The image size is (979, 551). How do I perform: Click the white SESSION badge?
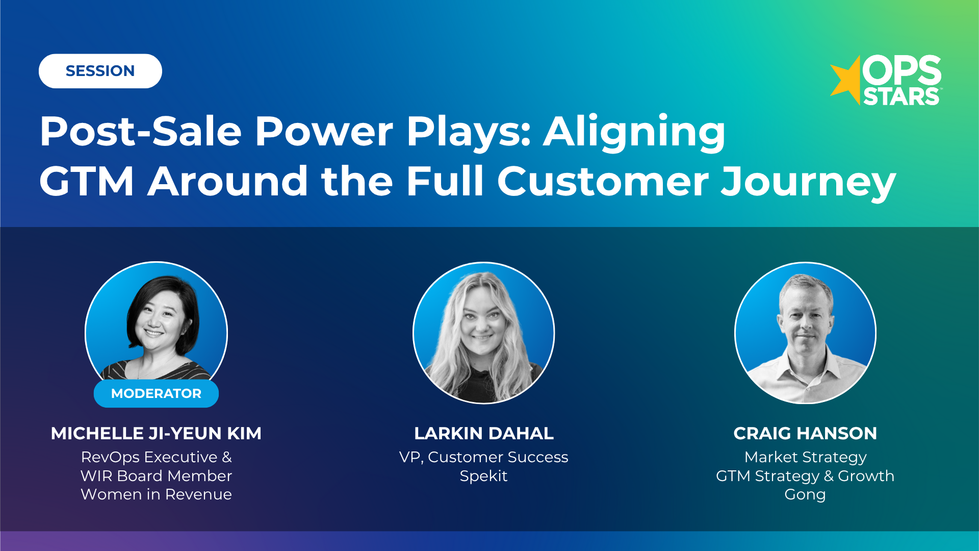[100, 71]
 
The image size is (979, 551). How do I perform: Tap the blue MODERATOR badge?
[156, 393]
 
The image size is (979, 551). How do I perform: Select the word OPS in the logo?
[901, 70]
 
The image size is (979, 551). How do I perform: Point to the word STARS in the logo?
[901, 97]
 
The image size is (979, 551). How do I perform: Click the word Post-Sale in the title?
[140, 131]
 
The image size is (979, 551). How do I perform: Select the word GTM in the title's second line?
[87, 181]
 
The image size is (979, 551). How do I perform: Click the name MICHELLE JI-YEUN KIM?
[156, 433]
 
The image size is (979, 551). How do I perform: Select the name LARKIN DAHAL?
[483, 433]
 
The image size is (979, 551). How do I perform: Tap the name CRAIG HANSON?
[805, 433]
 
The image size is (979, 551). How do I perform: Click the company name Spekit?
[483, 476]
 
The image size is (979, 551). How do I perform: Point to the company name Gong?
[805, 494]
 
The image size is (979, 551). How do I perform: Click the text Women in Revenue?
[156, 494]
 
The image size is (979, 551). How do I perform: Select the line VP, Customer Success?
[483, 457]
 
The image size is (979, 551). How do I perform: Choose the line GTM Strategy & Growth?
[805, 476]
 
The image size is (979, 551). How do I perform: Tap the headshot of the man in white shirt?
[805, 333]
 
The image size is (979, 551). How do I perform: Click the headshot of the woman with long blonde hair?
[483, 333]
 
